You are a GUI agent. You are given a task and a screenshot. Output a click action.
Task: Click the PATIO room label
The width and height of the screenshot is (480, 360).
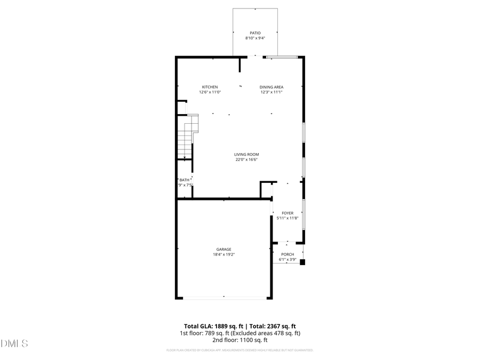pyautogui.click(x=255, y=33)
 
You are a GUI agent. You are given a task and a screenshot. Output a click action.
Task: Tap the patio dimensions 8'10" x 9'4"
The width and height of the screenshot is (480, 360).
pyautogui.click(x=255, y=38)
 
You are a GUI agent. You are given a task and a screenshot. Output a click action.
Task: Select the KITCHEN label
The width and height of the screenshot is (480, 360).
pyautogui.click(x=210, y=87)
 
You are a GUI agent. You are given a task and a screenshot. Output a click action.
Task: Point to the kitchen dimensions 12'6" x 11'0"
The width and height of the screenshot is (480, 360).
pyautogui.click(x=210, y=92)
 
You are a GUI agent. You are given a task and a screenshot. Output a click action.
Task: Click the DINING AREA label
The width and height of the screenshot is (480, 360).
pyautogui.click(x=271, y=87)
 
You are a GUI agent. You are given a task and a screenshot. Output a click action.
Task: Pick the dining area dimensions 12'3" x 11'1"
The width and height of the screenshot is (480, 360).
pyautogui.click(x=271, y=92)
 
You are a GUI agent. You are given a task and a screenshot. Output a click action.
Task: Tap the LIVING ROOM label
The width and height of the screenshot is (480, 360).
pyautogui.click(x=247, y=154)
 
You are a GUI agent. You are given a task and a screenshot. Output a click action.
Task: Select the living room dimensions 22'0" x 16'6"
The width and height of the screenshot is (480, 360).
pyautogui.click(x=247, y=159)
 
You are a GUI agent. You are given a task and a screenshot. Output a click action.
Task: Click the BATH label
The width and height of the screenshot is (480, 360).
pyautogui.click(x=185, y=180)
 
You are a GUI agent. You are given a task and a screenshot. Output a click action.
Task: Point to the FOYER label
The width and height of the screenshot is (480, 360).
pyautogui.click(x=287, y=213)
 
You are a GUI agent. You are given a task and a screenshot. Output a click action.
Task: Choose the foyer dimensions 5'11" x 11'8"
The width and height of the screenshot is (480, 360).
pyautogui.click(x=287, y=218)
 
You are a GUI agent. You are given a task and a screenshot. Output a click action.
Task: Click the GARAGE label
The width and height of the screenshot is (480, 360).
pyautogui.click(x=223, y=249)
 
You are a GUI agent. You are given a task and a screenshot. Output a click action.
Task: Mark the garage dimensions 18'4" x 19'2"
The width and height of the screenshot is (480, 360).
pyautogui.click(x=223, y=254)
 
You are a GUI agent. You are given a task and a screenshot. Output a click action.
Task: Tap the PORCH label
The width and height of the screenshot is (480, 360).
pyautogui.click(x=287, y=254)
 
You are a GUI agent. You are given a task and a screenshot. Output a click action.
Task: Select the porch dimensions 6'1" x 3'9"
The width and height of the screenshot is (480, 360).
pyautogui.click(x=287, y=260)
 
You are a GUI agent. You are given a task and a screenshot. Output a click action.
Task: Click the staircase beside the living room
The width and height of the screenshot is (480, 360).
pyautogui.click(x=187, y=138)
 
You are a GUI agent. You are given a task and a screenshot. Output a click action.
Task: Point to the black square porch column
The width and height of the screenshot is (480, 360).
pyautogui.click(x=302, y=262)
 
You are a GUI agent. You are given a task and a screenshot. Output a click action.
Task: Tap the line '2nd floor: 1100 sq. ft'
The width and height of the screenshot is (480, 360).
pyautogui.click(x=239, y=340)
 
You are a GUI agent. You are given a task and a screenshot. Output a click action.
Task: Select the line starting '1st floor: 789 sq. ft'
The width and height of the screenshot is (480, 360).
pyautogui.click(x=239, y=333)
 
